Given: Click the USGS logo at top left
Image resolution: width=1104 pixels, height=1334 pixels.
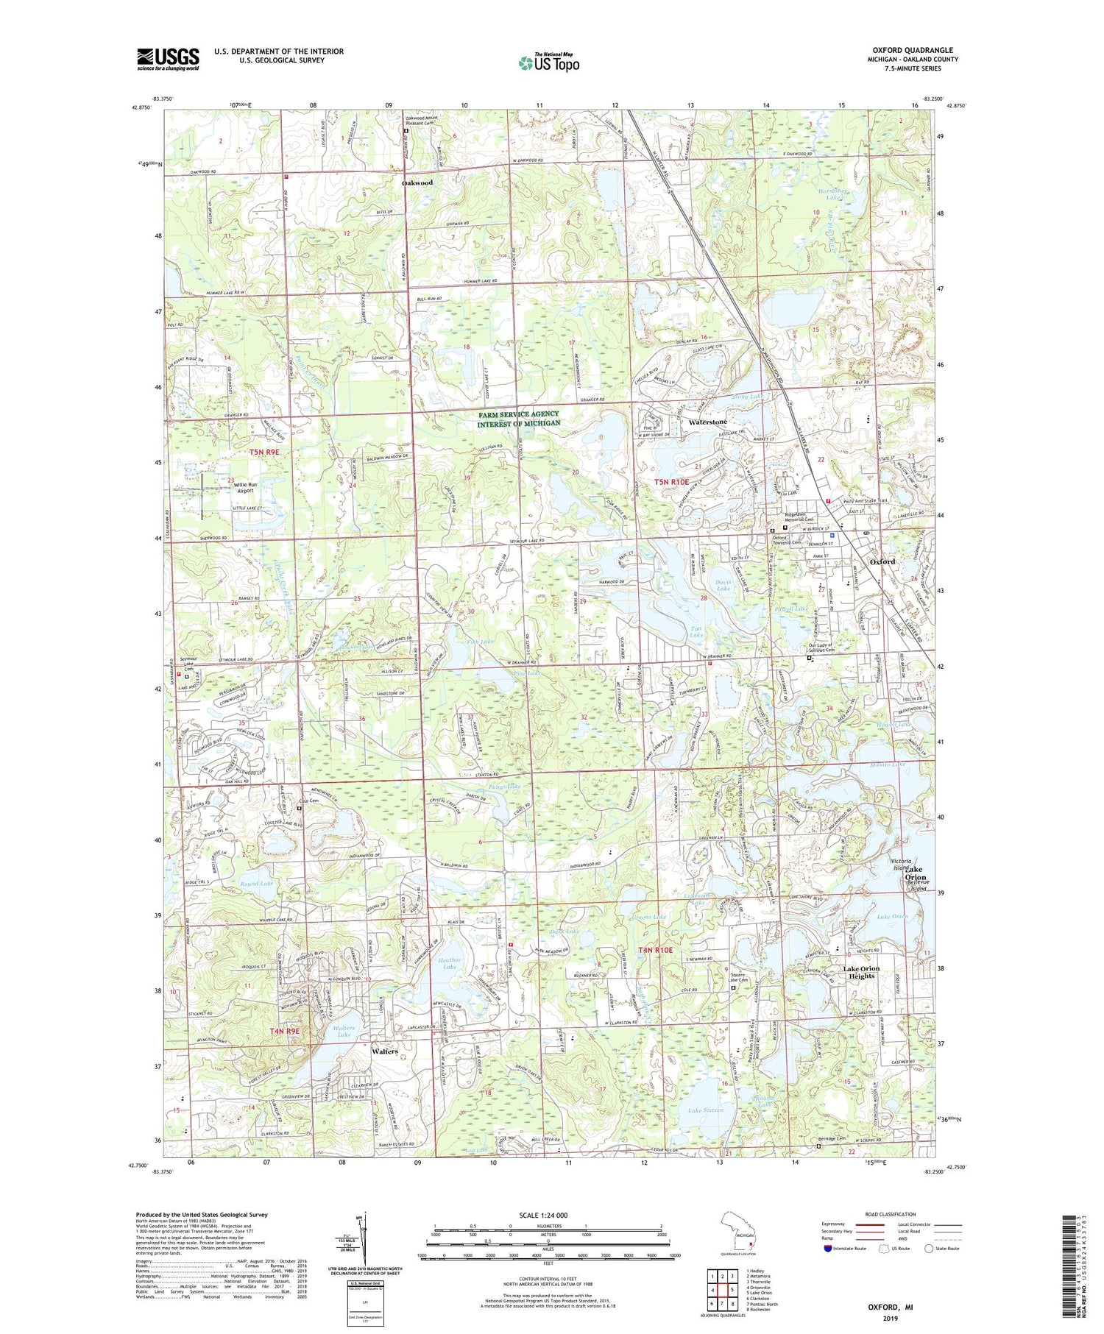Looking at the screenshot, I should pos(168,59).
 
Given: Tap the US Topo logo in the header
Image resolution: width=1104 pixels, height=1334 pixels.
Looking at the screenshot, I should pos(548,63).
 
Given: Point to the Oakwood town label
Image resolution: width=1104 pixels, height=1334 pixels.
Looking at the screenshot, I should pos(417,182).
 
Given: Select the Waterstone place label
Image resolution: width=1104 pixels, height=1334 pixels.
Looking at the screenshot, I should pos(707,422).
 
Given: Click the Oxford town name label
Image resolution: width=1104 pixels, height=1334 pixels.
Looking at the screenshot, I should pos(882,561).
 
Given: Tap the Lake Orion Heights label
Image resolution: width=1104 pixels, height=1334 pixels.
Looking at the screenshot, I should pos(861,972).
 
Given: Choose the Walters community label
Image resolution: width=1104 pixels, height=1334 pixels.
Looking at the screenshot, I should pos(384,1051).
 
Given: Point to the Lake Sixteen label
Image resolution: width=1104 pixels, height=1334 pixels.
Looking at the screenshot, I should pos(705,1110).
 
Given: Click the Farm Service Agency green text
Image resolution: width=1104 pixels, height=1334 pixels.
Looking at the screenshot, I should pos(518,419).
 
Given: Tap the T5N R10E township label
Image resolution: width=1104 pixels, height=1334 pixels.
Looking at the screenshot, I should pos(672,482).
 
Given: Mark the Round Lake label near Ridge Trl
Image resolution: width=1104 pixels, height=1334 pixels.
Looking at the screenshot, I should pos(256,883).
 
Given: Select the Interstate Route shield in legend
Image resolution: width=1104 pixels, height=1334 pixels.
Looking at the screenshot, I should pos(829,1248).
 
